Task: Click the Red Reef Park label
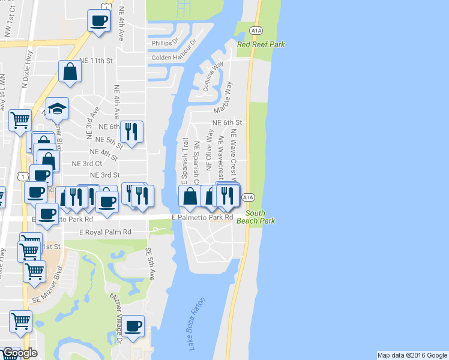(261, 45)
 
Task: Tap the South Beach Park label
(260, 217)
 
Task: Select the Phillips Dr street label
(165, 43)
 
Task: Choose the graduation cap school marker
(57, 109)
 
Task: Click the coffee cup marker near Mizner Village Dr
(133, 326)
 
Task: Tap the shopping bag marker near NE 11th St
(70, 71)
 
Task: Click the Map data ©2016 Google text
(412, 355)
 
